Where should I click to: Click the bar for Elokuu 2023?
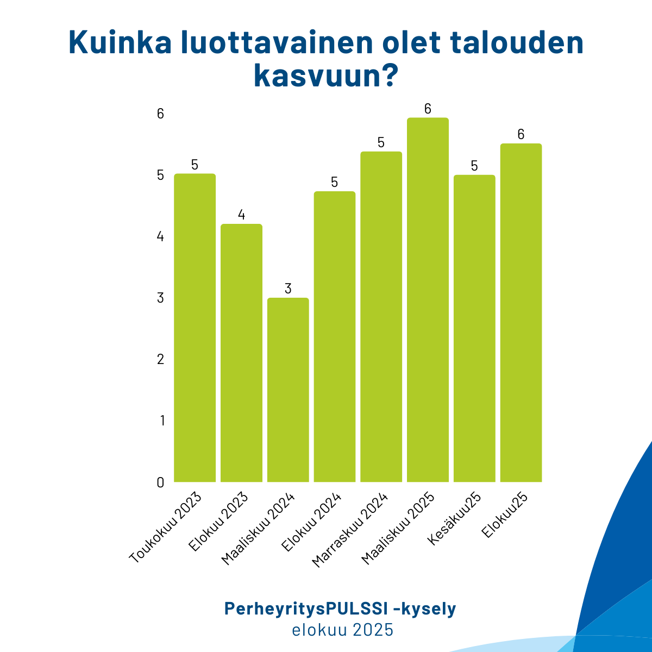(x=241, y=353)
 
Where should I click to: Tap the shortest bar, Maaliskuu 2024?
(x=288, y=390)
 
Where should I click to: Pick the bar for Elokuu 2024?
(x=335, y=336)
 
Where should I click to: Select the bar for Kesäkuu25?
(x=474, y=328)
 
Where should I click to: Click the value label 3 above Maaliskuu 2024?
(x=288, y=289)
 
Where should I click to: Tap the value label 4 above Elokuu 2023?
(x=241, y=215)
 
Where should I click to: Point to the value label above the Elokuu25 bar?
(x=521, y=134)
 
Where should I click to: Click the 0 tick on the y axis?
(x=160, y=482)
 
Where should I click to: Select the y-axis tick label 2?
(x=160, y=359)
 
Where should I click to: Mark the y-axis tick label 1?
(x=161, y=421)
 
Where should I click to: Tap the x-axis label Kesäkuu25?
(x=456, y=519)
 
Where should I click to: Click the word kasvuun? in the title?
(x=324, y=77)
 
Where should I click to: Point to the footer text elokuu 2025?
(x=342, y=630)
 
